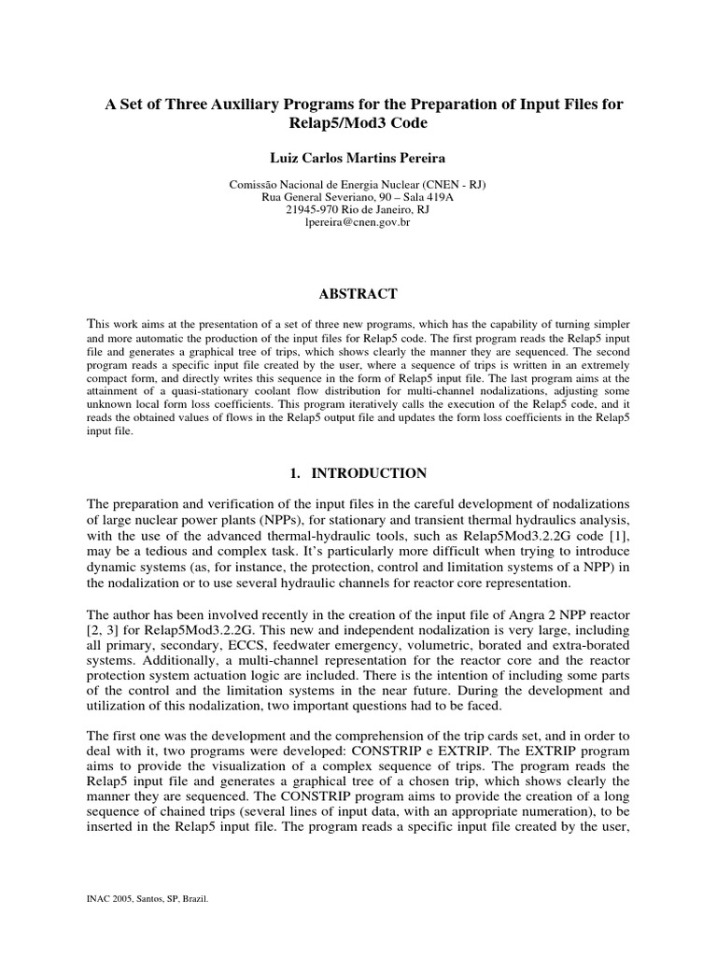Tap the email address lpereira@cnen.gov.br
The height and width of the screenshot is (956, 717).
(x=358, y=224)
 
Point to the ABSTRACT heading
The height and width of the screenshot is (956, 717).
(x=358, y=294)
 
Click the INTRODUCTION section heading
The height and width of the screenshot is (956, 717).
(x=369, y=473)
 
